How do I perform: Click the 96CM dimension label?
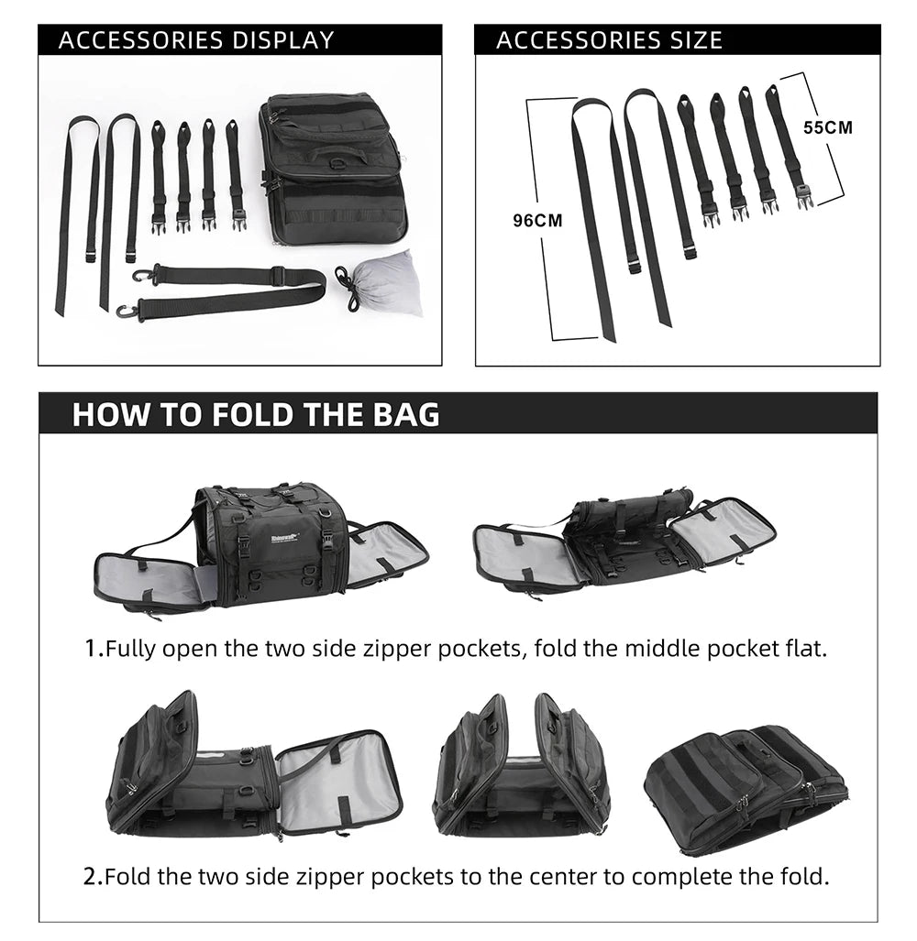(x=537, y=221)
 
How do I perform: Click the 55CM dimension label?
(x=828, y=127)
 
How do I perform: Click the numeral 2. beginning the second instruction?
(x=93, y=877)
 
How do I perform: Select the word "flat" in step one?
(x=804, y=650)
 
